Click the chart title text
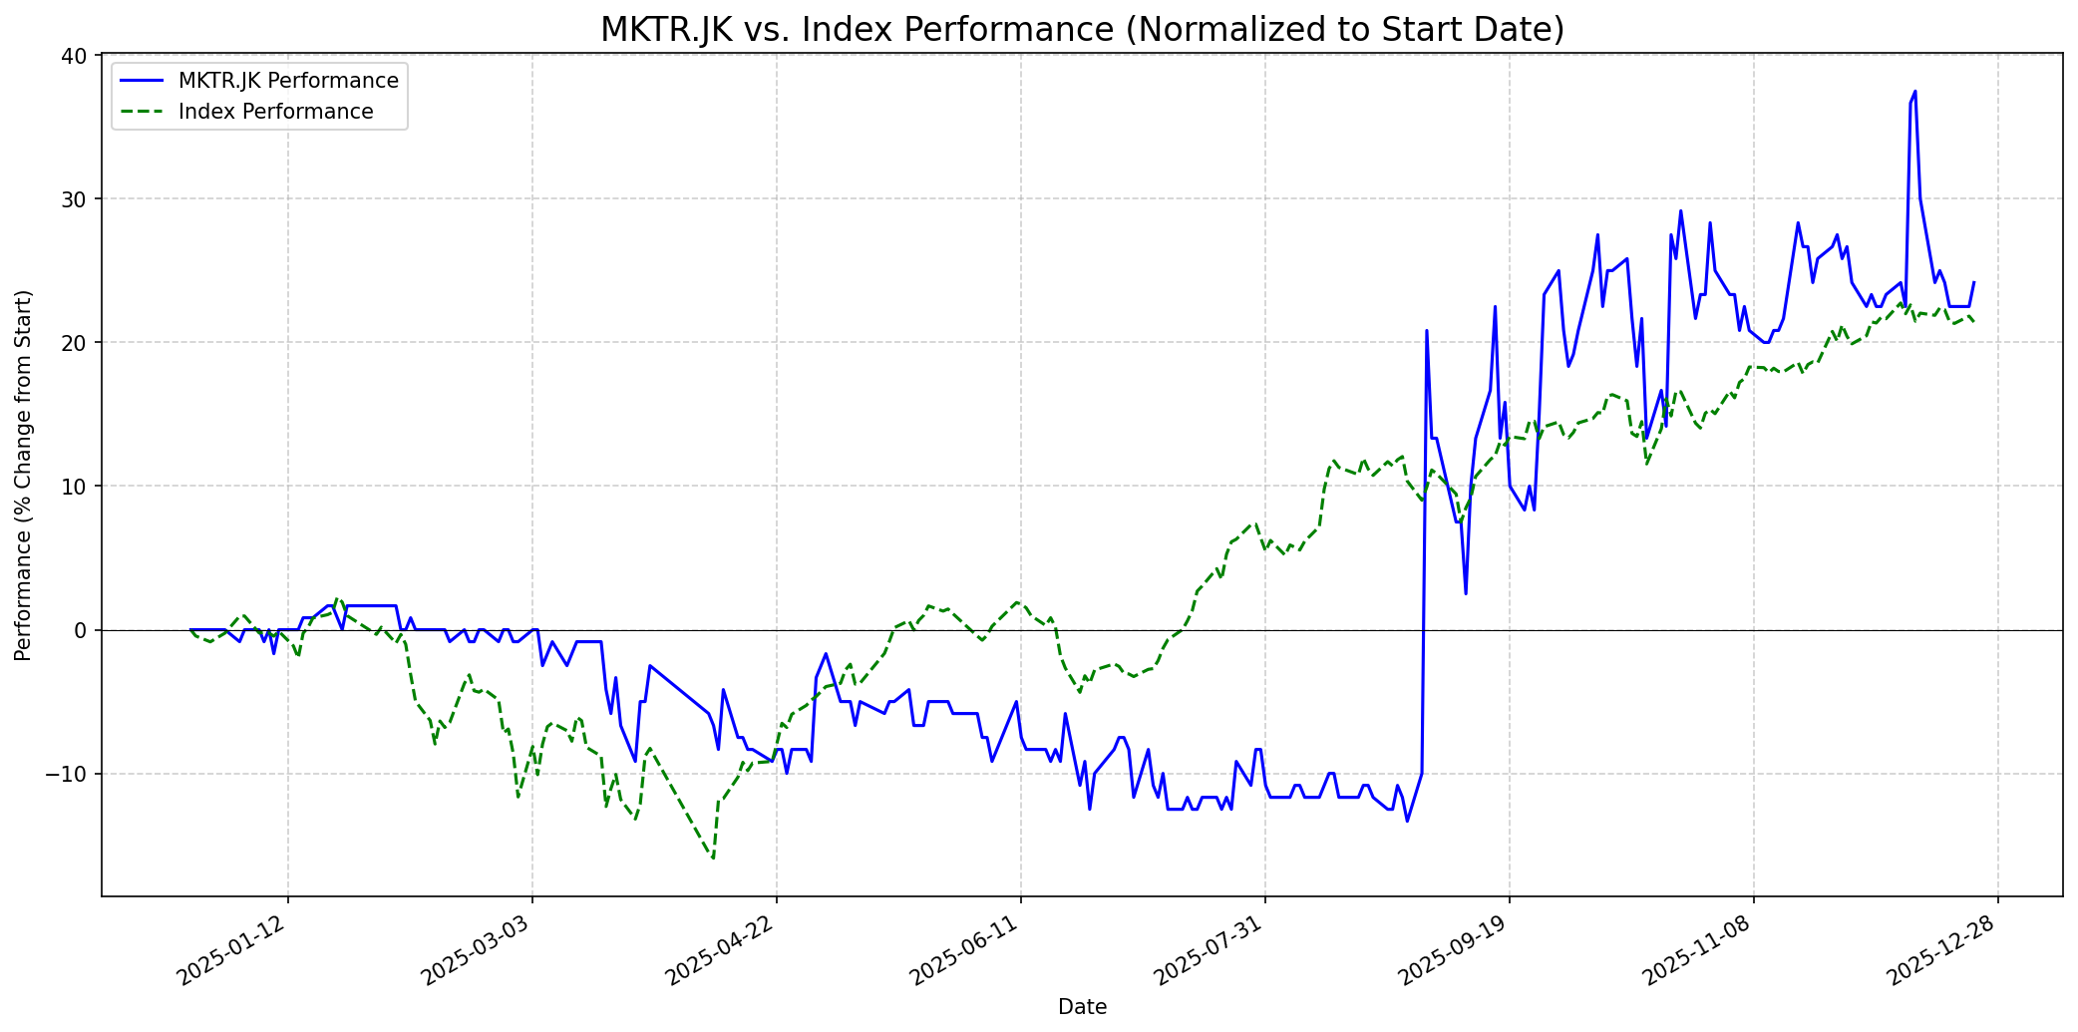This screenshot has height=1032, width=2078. point(1082,30)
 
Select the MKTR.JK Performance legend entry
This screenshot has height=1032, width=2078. point(288,81)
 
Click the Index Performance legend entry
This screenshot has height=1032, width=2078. point(275,112)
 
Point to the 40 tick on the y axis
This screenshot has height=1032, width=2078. point(75,56)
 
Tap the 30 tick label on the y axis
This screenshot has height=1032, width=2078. point(75,199)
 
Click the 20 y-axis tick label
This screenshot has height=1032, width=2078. point(75,343)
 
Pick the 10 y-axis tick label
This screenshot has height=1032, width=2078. point(75,487)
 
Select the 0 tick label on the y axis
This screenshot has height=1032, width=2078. point(81,630)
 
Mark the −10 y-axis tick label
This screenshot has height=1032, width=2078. point(69,774)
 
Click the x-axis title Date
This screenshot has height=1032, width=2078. point(1082,1007)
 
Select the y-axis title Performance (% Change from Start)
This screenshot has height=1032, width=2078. point(24,475)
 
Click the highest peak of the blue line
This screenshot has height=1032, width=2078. point(1914,92)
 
